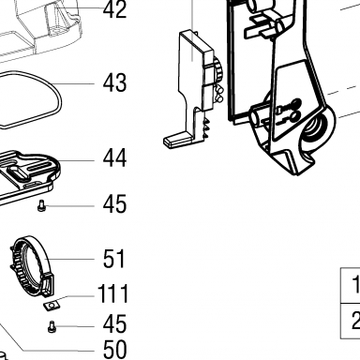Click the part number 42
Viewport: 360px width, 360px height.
pos(114,9)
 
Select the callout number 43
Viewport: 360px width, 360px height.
pos(114,82)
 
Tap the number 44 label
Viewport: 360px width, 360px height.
pos(114,158)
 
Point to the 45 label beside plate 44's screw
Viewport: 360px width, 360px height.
pos(114,204)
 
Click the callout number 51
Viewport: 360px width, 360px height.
pos(113,259)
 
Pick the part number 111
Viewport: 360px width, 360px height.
pos(112,293)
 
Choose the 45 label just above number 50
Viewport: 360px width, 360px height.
pos(114,324)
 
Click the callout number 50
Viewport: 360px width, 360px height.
pos(114,350)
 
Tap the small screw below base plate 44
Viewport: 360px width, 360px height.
pos(41,205)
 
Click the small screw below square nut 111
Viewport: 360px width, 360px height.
pos(52,326)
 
